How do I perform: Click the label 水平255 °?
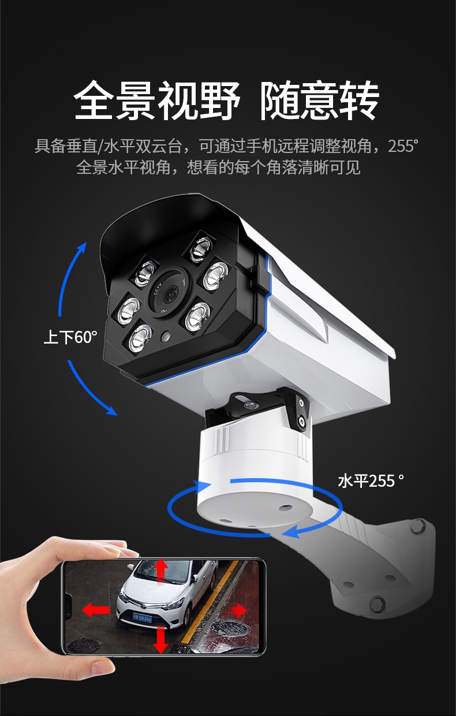point(371,481)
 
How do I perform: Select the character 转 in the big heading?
point(360,100)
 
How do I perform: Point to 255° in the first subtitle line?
point(403,146)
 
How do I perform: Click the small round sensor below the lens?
point(166,336)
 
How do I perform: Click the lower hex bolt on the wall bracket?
point(378,605)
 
